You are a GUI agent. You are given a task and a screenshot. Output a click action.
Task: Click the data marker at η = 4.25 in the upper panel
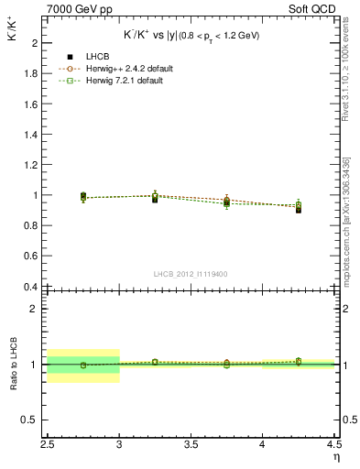coord(299,209)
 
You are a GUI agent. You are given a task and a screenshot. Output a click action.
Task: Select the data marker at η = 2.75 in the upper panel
coord(83,197)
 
